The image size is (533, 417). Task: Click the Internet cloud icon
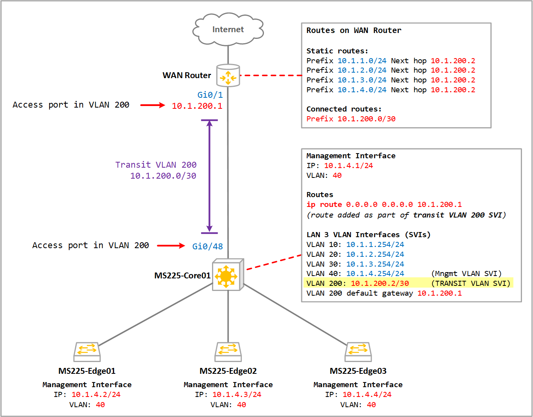coord(228,29)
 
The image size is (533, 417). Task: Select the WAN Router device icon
coord(228,75)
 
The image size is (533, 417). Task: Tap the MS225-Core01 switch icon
coord(227,275)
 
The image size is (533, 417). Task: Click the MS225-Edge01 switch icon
coord(87,351)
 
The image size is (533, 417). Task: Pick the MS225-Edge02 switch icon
coord(228,351)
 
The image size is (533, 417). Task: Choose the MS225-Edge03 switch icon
coord(358,351)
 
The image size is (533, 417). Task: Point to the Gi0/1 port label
coord(210,95)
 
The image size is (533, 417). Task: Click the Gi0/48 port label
coord(207,246)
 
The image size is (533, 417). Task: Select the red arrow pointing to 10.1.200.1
coord(153,105)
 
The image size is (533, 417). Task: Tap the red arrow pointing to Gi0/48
coord(171,246)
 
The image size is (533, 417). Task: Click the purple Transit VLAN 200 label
coord(156,165)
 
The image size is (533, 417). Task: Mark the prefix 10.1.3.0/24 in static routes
coord(362,80)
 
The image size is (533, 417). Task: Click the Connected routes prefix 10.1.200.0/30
coord(366,119)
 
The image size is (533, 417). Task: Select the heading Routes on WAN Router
coord(354,31)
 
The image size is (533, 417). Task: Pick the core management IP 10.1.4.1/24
coord(348,166)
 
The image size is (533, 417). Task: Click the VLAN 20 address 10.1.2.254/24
coord(375,254)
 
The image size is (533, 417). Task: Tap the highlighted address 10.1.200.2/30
coord(380,283)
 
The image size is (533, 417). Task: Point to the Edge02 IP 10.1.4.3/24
coord(237,395)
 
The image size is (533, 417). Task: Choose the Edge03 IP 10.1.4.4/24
coord(367,395)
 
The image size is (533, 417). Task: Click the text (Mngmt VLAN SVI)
coord(466,274)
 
